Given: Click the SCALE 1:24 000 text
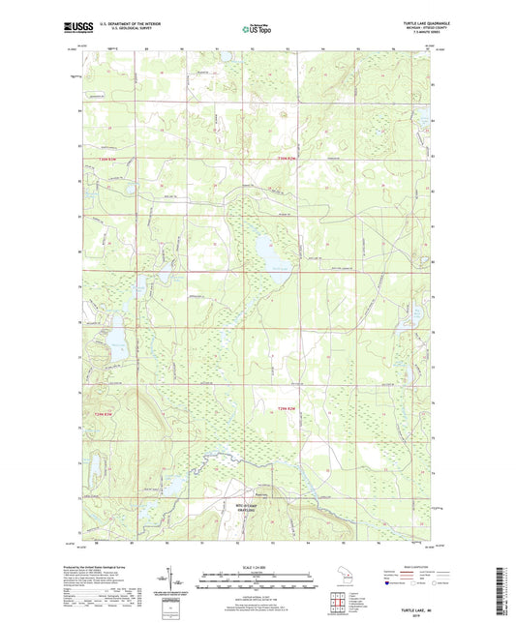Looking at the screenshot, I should point(258,566).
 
